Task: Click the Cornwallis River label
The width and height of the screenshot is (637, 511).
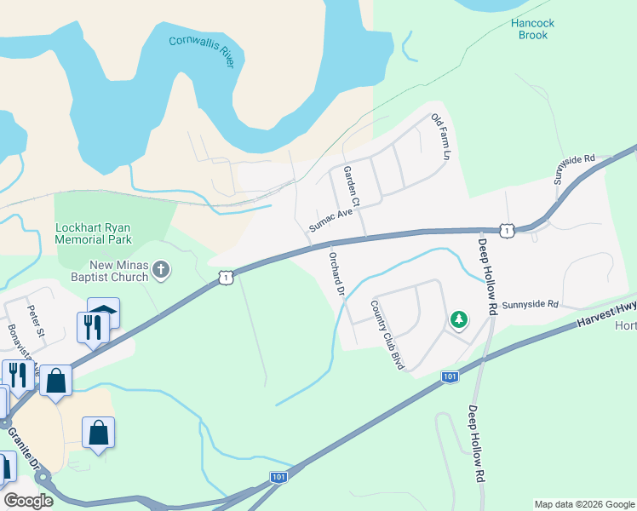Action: pos(201,50)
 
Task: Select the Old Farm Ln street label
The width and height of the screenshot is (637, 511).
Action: pos(440,138)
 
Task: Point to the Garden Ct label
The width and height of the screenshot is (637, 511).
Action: pos(352,187)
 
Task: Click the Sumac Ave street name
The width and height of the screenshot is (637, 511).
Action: pos(330,220)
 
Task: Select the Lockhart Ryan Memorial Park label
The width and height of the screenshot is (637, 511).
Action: pos(104,234)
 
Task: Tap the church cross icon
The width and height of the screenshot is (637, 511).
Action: pos(162,271)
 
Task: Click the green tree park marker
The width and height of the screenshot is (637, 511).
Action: pos(459,320)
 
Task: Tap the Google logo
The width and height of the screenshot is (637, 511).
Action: pos(28,501)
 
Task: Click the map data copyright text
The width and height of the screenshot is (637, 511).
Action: pos(584,504)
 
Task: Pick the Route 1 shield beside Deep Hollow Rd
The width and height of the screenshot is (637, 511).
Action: pos(507,230)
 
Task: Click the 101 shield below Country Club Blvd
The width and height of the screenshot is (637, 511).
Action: pos(450,376)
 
